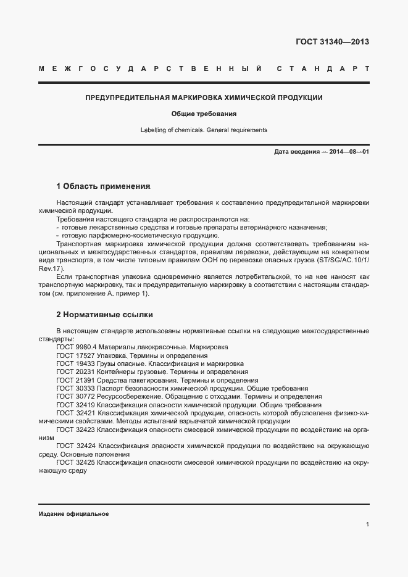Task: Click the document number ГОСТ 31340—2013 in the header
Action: click(333, 42)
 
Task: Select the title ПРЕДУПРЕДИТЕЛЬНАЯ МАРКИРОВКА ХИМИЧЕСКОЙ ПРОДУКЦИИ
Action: click(204, 98)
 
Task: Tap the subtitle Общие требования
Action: click(204, 114)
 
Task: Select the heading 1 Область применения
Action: click(103, 186)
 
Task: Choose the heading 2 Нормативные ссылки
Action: click(104, 315)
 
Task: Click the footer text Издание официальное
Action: click(73, 514)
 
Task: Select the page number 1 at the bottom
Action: click(367, 525)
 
